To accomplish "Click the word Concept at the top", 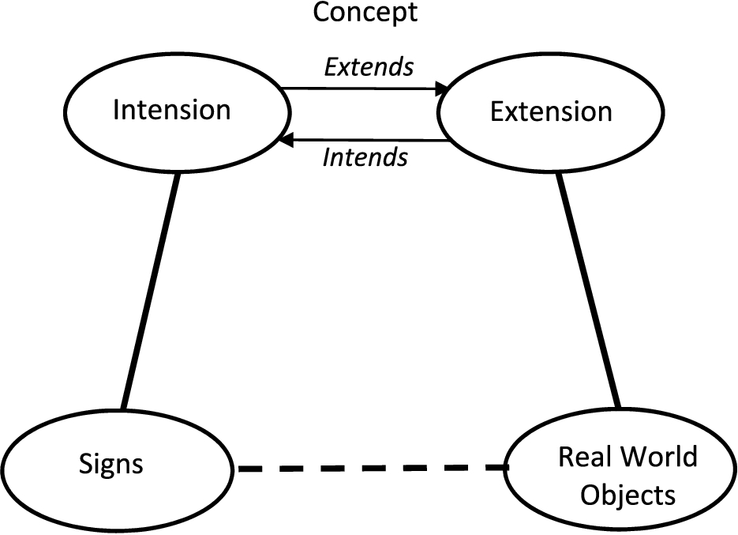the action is click(365, 13).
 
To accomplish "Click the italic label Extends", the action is click(369, 67).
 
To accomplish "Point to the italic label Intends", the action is click(365, 157).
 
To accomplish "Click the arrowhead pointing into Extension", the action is click(442, 89).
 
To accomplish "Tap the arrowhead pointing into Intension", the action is click(287, 140).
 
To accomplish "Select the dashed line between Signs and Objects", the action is click(373, 468).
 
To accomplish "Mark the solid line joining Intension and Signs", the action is click(150, 291).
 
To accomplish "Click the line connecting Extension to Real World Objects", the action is click(588, 290).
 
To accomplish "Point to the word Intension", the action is click(172, 110).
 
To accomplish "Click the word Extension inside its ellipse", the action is click(551, 111).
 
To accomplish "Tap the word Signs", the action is click(111, 465).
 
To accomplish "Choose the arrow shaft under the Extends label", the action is click(358, 89).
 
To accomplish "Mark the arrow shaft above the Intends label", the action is click(370, 140).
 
